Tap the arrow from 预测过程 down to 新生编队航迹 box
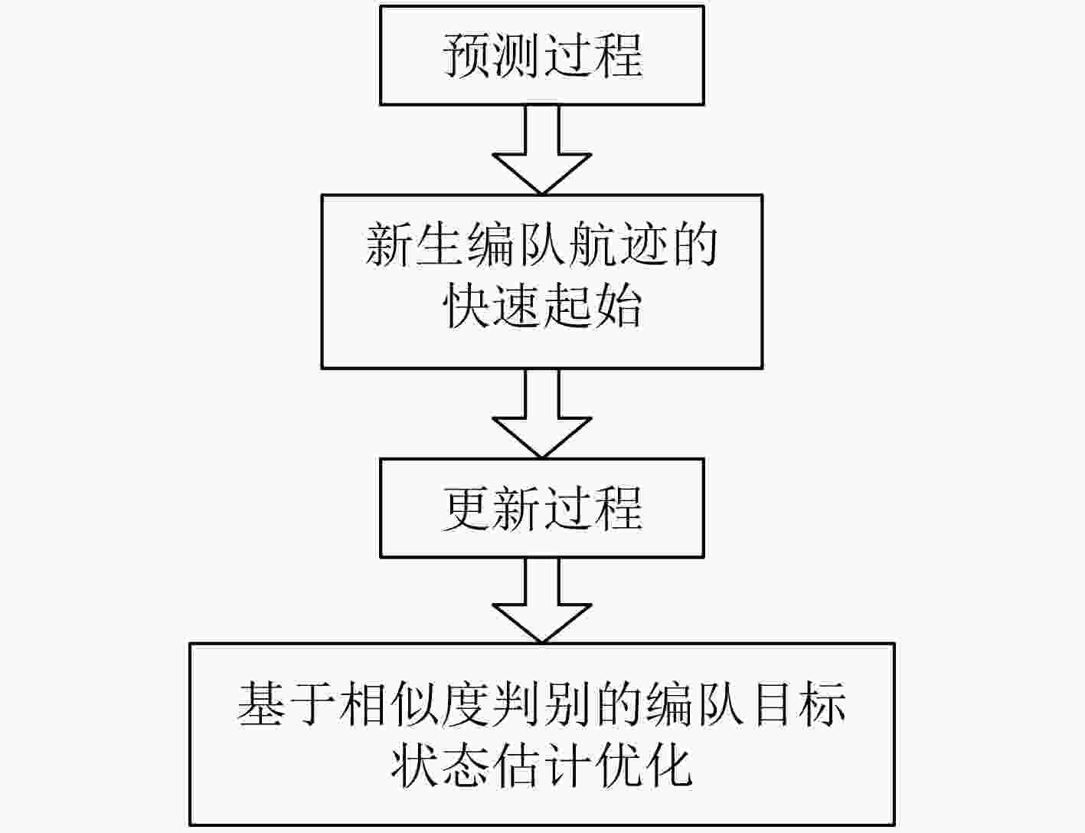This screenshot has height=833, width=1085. tap(542, 150)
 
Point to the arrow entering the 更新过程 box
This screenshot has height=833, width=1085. tap(542, 414)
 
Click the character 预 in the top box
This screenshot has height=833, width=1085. tap(467, 55)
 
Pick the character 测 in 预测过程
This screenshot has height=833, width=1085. tap(517, 55)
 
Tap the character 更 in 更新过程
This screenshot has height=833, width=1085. tap(467, 509)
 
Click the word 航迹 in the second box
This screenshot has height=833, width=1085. tap(617, 245)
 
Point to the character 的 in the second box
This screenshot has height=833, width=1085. tap(693, 245)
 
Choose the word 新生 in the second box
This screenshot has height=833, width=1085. tap(416, 245)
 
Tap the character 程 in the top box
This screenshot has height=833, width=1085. tap(618, 55)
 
